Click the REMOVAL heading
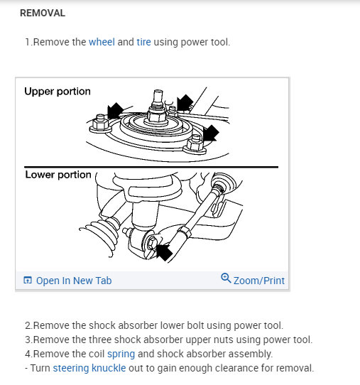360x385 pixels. coord(43,13)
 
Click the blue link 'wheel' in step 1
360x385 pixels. coord(102,42)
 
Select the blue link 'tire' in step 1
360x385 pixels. coord(143,42)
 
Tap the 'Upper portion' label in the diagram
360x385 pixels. coord(58,92)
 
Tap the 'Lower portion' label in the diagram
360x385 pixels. coord(58,175)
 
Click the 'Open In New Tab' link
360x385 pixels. coord(74,281)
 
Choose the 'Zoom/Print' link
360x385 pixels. coord(259,281)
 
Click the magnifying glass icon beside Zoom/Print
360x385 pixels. coord(226,278)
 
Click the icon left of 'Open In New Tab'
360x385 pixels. coord(28,280)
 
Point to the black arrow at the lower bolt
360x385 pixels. coord(164,252)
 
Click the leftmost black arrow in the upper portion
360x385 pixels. coord(115,111)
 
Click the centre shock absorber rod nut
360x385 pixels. coord(156,115)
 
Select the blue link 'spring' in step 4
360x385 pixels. coord(121,354)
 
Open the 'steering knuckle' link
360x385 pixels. coord(89,368)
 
